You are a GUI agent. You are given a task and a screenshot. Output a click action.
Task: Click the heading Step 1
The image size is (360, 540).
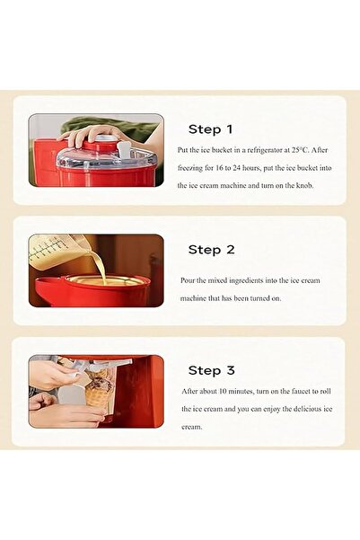pos(211,129)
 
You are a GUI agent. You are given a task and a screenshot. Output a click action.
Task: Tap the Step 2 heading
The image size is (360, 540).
pos(211,250)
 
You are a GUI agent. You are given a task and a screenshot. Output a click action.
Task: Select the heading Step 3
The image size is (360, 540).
pos(211,370)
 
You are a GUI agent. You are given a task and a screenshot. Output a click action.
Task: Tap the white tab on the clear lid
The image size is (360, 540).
pos(124,149)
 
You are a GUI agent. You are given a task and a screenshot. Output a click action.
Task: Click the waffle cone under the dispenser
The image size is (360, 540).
pos(97,396)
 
